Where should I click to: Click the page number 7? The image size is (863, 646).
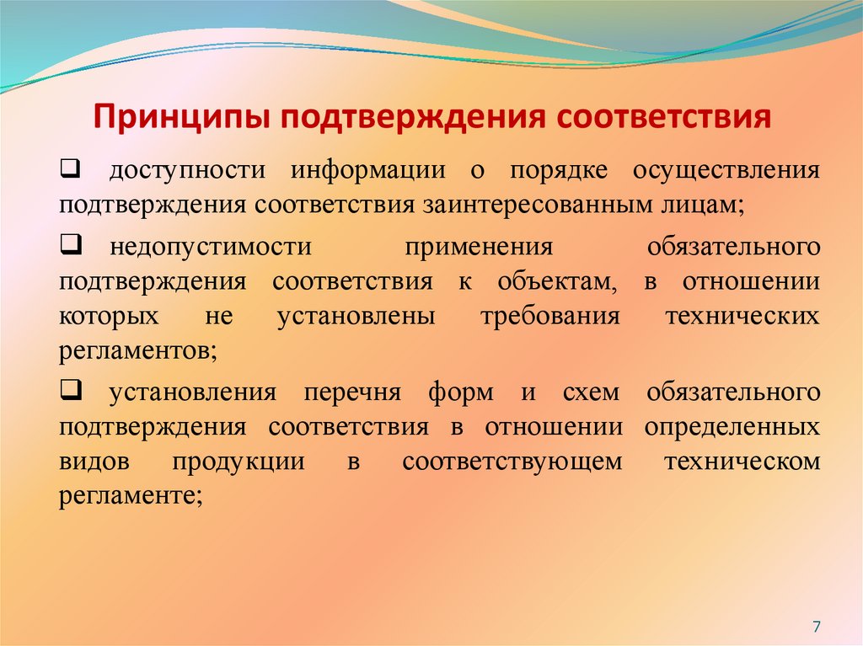click(x=816, y=626)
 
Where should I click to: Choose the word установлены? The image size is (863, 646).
click(x=355, y=318)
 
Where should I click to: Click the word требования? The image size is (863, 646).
click(x=549, y=318)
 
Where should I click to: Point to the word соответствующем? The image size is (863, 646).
click(x=512, y=462)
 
